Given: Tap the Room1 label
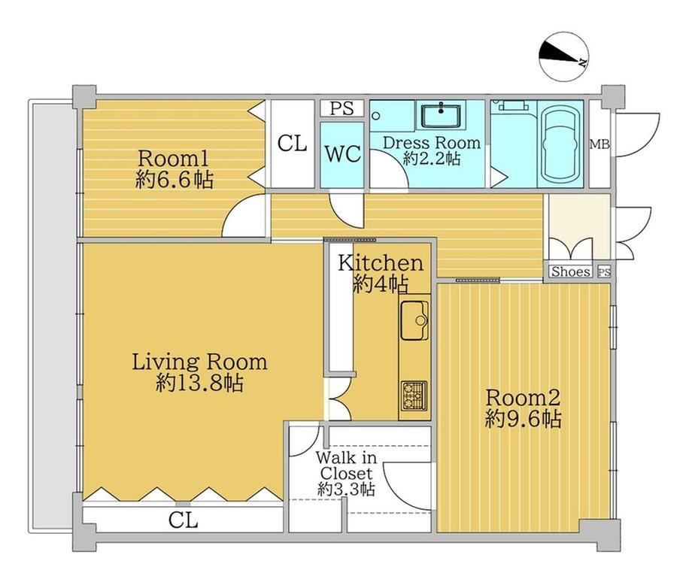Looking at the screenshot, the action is tap(174, 158).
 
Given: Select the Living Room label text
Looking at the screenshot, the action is tap(200, 362).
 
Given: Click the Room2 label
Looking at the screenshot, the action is tap(523, 398).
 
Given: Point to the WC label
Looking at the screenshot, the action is tap(343, 154).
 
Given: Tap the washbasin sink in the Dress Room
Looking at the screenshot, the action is tap(442, 116).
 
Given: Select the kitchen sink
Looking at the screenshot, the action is tap(414, 320).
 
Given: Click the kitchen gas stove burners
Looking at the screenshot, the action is tap(414, 396).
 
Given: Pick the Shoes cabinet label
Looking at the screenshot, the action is tap(571, 271).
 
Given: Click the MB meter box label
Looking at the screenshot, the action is tap(600, 144).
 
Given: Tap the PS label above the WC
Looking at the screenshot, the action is tap(341, 108).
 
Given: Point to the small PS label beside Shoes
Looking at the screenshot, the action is tap(604, 272).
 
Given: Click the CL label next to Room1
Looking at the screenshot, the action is tap(292, 144).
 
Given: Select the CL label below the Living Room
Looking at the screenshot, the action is tap(183, 521).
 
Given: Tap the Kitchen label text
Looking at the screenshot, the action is tap(381, 263).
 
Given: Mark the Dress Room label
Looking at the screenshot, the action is tap(432, 143).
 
